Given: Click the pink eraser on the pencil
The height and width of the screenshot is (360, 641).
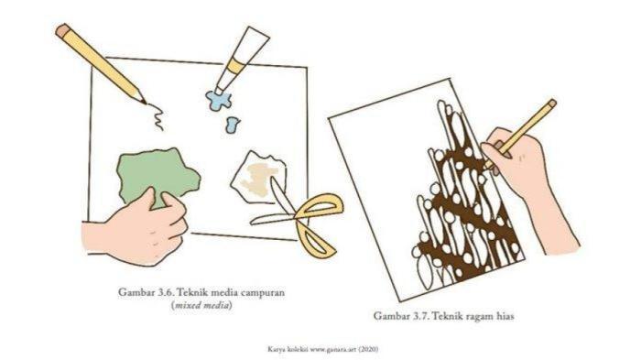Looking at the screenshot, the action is tap(62, 30).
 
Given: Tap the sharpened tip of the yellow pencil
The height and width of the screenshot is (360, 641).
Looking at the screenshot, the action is tap(145, 103).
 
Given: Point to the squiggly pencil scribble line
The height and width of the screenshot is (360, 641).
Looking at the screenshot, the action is tap(157, 117).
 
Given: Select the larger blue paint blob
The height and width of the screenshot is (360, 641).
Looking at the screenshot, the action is tap(219, 100).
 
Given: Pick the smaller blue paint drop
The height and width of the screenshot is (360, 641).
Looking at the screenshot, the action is tap(233, 125).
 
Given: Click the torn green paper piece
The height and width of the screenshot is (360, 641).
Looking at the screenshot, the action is tap(158, 176).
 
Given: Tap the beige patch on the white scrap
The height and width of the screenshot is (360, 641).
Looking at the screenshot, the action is tap(257, 179).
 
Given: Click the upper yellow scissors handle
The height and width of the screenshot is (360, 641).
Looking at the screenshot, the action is tap(319, 207).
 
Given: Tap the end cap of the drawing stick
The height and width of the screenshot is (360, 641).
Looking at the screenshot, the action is tap(551, 104).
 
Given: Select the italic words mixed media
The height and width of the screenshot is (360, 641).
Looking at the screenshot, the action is tap(202, 306).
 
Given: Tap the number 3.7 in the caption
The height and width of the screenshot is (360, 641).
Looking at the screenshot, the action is tap(422, 316).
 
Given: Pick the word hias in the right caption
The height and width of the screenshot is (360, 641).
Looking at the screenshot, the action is tap(505, 316).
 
